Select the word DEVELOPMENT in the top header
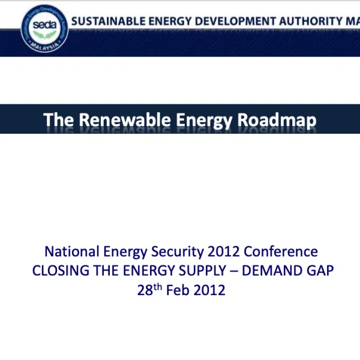point(233,21)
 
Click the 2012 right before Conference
point(224,252)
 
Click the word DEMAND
point(274,271)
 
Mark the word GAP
point(320,271)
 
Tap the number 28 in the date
point(145,290)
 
